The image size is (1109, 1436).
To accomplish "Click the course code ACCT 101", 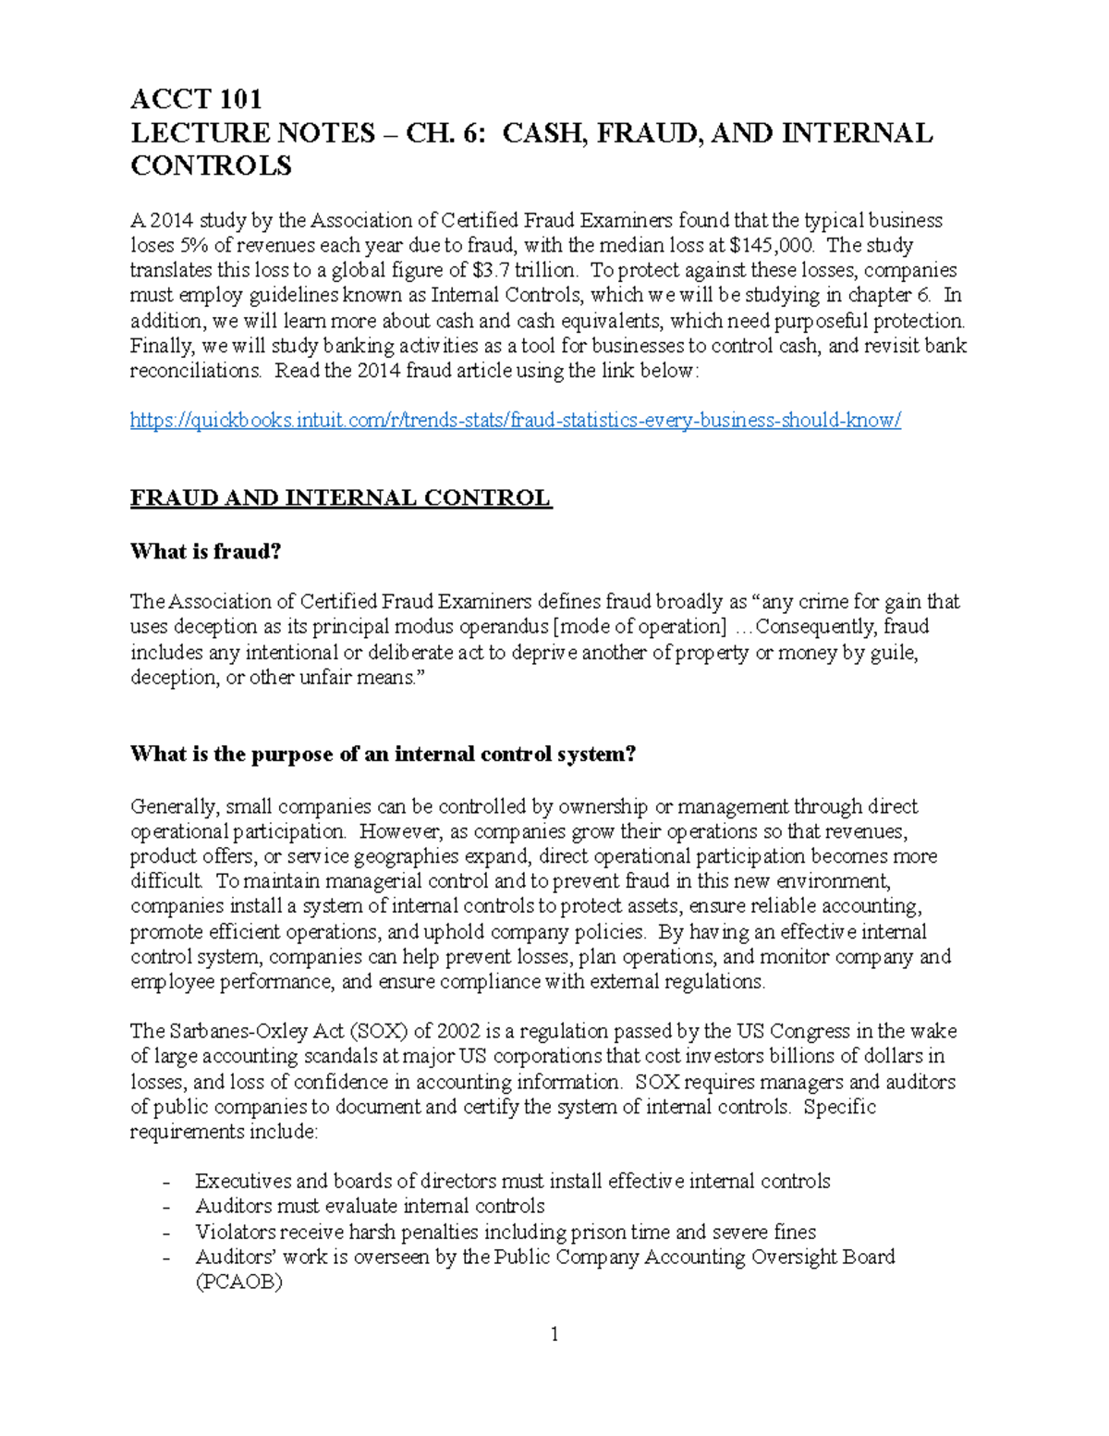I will point(196,99).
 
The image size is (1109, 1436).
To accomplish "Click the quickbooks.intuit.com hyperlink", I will point(515,421).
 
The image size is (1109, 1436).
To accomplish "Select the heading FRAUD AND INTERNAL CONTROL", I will point(340,498).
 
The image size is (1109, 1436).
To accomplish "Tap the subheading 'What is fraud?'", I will point(205,552).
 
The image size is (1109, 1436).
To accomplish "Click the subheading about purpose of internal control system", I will point(384,755).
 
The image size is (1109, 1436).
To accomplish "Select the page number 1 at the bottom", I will point(554,1333).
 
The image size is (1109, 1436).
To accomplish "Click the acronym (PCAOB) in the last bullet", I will point(238,1283).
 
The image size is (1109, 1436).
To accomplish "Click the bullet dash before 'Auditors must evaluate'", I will point(166,1208).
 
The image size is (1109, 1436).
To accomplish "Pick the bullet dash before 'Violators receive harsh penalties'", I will point(166,1233).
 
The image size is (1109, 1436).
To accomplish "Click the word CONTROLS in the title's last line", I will point(211,166).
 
